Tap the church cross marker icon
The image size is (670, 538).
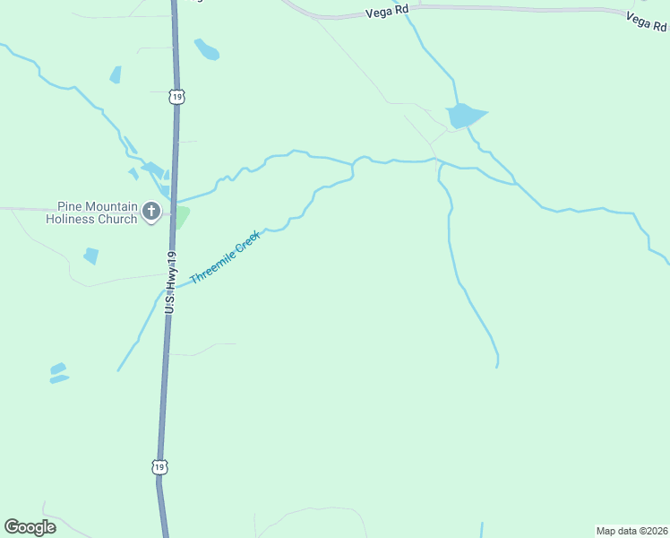(x=151, y=213)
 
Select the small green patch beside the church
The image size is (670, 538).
(x=182, y=217)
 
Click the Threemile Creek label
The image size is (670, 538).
(x=225, y=257)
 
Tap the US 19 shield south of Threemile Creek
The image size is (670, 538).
(x=159, y=466)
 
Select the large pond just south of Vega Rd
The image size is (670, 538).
(x=464, y=116)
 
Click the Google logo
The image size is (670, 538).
(x=30, y=526)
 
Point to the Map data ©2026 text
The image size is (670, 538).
(x=631, y=531)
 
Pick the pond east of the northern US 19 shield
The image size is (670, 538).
(x=207, y=49)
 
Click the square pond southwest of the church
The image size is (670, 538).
(x=91, y=256)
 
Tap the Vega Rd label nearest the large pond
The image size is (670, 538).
(x=386, y=13)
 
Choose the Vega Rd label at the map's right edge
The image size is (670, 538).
(x=647, y=21)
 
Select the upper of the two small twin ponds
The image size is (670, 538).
(x=57, y=368)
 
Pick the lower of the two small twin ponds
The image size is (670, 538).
(x=59, y=379)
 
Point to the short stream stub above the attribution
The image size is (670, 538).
(x=482, y=529)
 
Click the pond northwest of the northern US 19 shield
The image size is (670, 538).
(x=116, y=75)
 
